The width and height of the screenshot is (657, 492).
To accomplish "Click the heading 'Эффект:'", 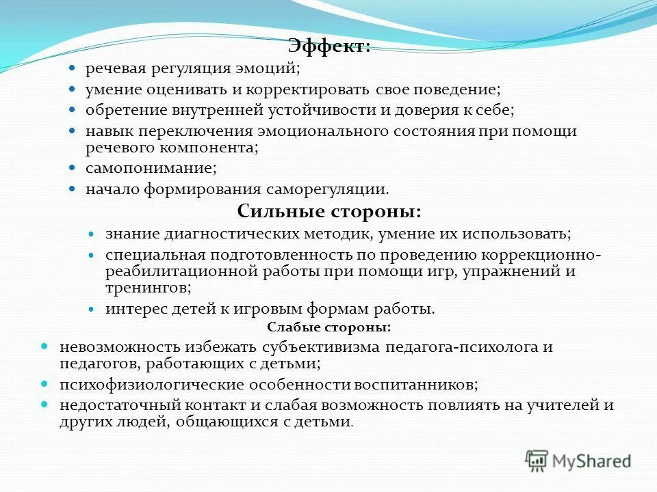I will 329,46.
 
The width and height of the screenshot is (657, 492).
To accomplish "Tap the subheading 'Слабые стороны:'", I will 328,327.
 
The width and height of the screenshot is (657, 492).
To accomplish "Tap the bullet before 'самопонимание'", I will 72,168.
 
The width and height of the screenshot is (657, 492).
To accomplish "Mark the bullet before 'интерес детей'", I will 92,309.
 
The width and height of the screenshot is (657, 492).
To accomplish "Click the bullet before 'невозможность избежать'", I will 45,347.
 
